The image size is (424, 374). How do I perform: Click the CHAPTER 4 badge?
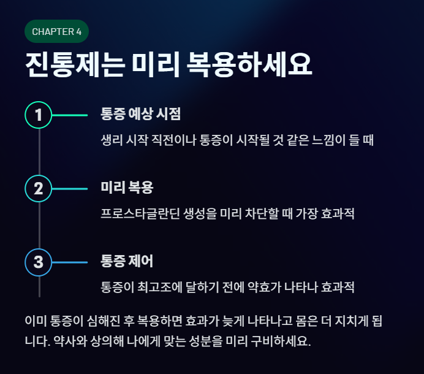(x=57, y=31)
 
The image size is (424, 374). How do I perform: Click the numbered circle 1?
(x=39, y=115)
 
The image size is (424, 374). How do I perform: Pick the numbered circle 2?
(x=39, y=188)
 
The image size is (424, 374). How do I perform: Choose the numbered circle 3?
(x=39, y=262)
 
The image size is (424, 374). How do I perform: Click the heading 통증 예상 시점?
(x=140, y=114)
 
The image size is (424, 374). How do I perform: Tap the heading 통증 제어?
(x=127, y=261)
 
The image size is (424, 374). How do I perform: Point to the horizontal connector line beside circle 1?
(x=70, y=115)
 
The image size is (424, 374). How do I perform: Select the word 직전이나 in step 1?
(x=172, y=140)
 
